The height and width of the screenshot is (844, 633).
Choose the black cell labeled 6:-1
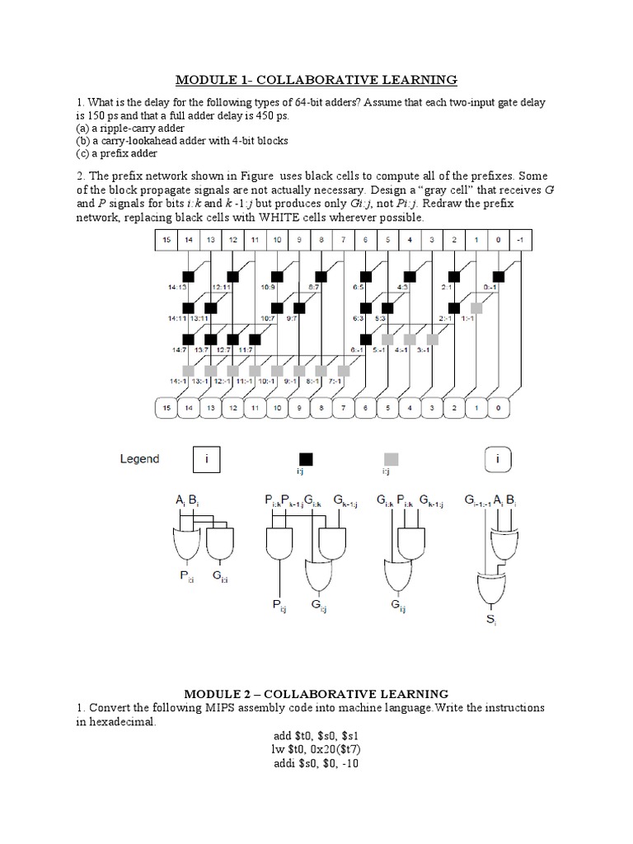click(366, 339)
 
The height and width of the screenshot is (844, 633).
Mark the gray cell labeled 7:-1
click(344, 370)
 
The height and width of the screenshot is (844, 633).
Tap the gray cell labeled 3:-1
click(432, 339)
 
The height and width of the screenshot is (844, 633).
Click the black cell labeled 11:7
click(255, 339)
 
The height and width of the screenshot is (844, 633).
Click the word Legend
click(139, 459)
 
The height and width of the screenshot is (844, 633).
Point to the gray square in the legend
click(391, 458)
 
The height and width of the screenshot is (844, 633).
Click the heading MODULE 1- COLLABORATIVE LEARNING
click(316, 79)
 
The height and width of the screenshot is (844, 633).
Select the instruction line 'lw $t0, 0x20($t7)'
click(316, 748)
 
